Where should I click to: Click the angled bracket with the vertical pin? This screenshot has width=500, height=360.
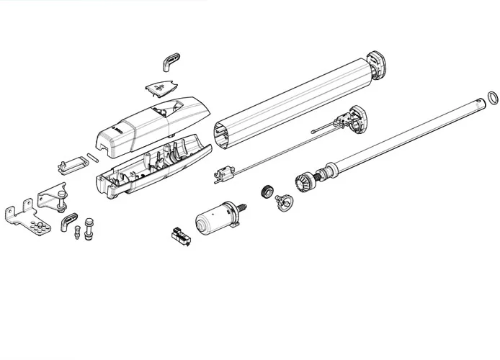pos(51,199)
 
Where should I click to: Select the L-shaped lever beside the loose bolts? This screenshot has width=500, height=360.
pos(68,218)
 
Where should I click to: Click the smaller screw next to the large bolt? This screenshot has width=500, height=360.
pos(74,234)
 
